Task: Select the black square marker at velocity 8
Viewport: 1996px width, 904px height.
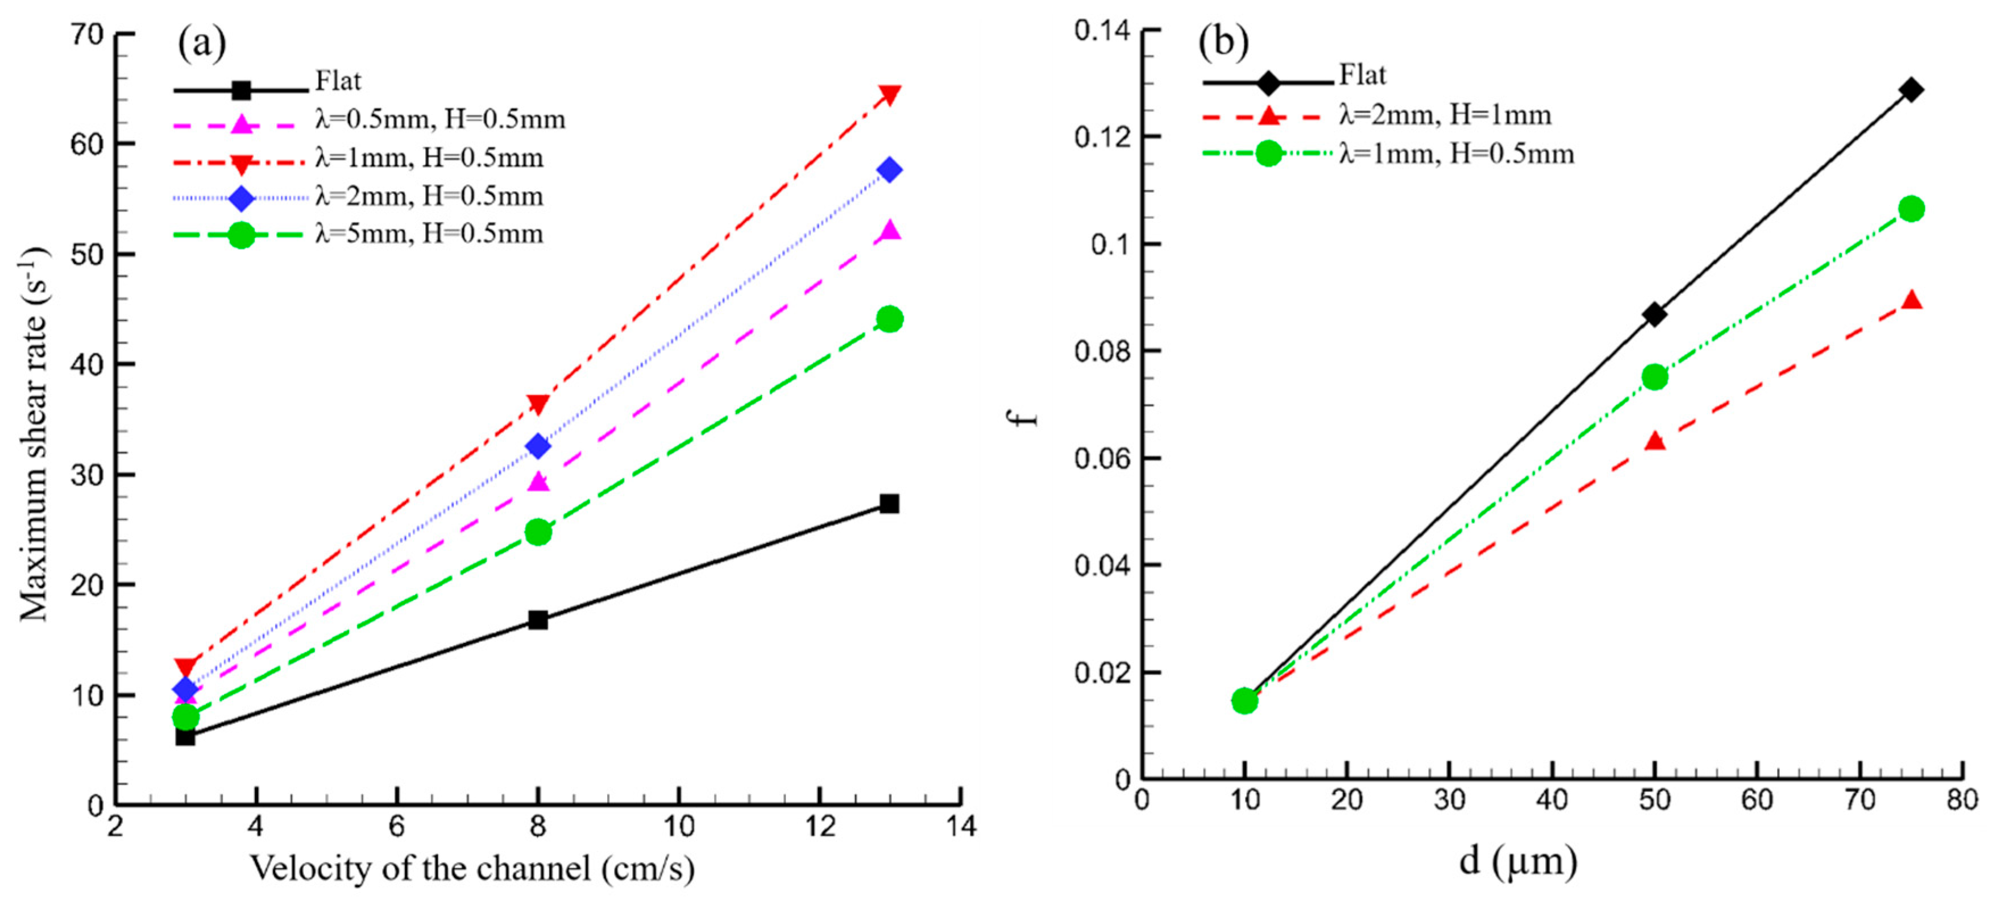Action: coord(538,620)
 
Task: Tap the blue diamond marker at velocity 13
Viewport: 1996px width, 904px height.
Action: coord(890,169)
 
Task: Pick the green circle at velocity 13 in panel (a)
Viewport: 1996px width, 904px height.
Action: coord(890,319)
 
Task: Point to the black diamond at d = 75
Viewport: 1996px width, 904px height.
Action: coord(1911,89)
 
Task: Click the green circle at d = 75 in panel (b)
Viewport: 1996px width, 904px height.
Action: coord(1911,209)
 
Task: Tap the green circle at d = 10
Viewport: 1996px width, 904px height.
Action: coord(1244,700)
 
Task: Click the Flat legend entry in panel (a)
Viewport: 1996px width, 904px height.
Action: coord(338,81)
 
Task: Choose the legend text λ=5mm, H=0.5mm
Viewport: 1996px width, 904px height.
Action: coord(429,234)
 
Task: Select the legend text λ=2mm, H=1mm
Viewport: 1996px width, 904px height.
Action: coord(1445,115)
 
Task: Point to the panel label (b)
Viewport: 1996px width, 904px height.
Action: coord(1223,42)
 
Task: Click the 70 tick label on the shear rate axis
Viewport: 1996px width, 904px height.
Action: coord(87,34)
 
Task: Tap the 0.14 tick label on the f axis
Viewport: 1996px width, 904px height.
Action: coord(1102,31)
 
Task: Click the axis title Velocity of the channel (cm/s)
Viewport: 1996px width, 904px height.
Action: coord(472,868)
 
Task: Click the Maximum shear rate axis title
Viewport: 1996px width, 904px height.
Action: coord(34,434)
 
